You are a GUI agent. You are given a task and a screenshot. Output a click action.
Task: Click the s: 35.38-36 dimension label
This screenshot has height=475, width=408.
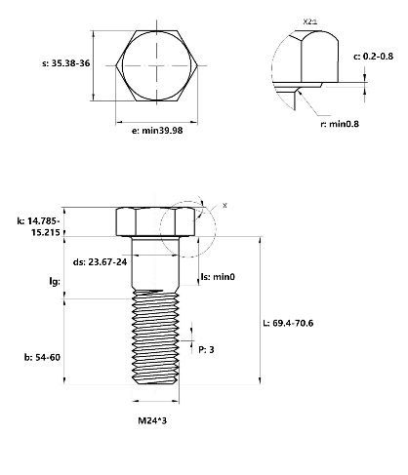coord(66,63)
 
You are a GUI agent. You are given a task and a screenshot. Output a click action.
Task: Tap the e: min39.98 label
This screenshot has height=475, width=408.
coord(157,131)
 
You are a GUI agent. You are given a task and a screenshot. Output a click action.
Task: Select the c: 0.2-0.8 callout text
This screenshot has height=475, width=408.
coord(373,57)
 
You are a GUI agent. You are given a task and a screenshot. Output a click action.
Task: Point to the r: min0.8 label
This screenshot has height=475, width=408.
coord(340,124)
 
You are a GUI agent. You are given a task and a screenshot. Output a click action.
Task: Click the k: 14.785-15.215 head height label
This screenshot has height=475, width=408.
coord(39,226)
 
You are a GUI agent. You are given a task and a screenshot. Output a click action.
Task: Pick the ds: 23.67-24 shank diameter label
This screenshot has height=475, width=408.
coord(100,261)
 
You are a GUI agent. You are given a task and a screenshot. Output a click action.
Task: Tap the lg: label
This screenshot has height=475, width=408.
coord(55,282)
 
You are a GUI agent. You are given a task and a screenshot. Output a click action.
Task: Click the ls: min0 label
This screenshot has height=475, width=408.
coord(218,277)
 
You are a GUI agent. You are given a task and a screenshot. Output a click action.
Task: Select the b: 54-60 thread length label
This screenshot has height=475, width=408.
coord(42,357)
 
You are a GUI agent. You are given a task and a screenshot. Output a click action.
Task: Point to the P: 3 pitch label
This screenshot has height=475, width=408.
coord(206,350)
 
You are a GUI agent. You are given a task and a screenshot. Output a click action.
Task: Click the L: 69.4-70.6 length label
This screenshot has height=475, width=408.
coord(288,323)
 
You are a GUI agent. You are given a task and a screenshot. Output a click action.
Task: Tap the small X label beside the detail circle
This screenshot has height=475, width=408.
coord(224,206)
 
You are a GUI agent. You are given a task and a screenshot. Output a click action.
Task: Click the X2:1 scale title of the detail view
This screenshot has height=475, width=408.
coord(309,21)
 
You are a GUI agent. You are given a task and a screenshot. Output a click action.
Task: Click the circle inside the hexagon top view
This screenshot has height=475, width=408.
coord(156,65)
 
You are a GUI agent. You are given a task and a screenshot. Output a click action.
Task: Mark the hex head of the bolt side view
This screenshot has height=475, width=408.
coord(156,221)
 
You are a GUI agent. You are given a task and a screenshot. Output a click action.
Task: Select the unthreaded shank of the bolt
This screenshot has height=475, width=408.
coord(155,263)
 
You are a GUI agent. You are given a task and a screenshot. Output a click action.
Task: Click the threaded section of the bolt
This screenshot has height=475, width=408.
coord(155,337)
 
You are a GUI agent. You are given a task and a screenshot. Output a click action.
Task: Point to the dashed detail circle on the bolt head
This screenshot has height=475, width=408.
coord(215,229)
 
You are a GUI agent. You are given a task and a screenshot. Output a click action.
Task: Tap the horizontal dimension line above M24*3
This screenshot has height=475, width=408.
coord(155,401)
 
